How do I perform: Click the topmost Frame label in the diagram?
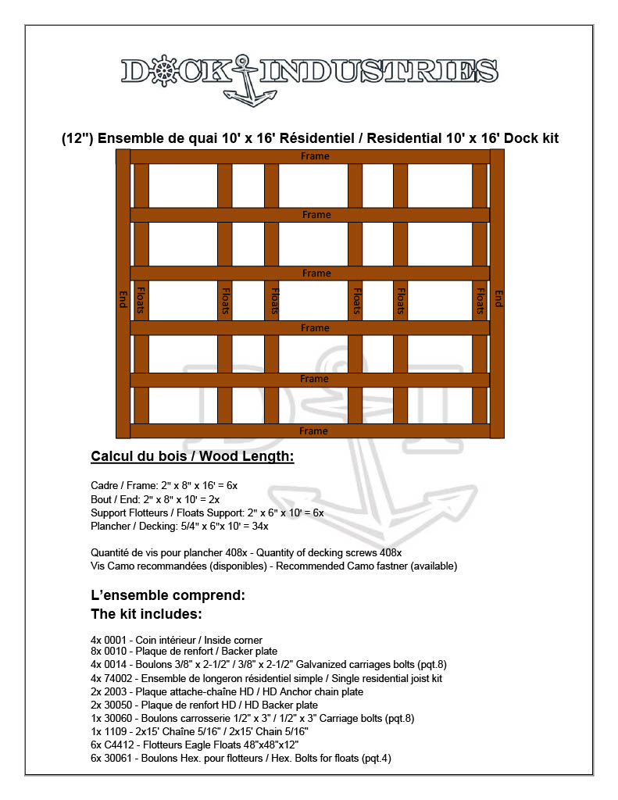[316, 156]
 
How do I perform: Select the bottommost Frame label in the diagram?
[313, 430]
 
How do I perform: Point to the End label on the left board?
[123, 298]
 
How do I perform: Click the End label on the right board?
[498, 298]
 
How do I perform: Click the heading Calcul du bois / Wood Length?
[192, 456]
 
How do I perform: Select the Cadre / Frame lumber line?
[164, 485]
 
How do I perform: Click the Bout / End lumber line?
[155, 499]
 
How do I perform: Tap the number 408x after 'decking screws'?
[391, 552]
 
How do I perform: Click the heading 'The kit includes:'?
[147, 613]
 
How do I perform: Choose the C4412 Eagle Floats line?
[195, 745]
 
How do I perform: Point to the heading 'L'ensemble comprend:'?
[168, 595]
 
